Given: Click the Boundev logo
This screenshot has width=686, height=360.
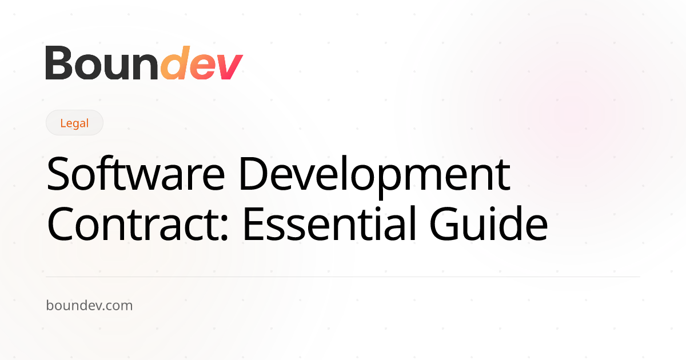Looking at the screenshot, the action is tap(144, 63).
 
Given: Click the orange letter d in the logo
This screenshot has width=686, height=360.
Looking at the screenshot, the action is tap(174, 63).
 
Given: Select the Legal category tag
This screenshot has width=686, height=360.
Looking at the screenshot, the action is tap(74, 123).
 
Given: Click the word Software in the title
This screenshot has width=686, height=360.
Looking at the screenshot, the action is tap(136, 174).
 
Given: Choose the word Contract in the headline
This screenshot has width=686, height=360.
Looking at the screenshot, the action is tap(134, 225).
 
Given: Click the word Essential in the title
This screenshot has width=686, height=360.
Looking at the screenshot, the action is tap(330, 224).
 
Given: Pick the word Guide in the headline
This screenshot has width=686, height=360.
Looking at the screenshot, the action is tap(489, 224).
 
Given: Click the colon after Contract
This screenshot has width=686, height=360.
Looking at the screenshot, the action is tap(225, 229).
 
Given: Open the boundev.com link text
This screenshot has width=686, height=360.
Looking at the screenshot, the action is tap(89, 306).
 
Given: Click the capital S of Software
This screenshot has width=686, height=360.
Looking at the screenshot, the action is tap(58, 174).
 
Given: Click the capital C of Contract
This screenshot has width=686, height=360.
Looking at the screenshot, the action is tap(61, 225).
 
